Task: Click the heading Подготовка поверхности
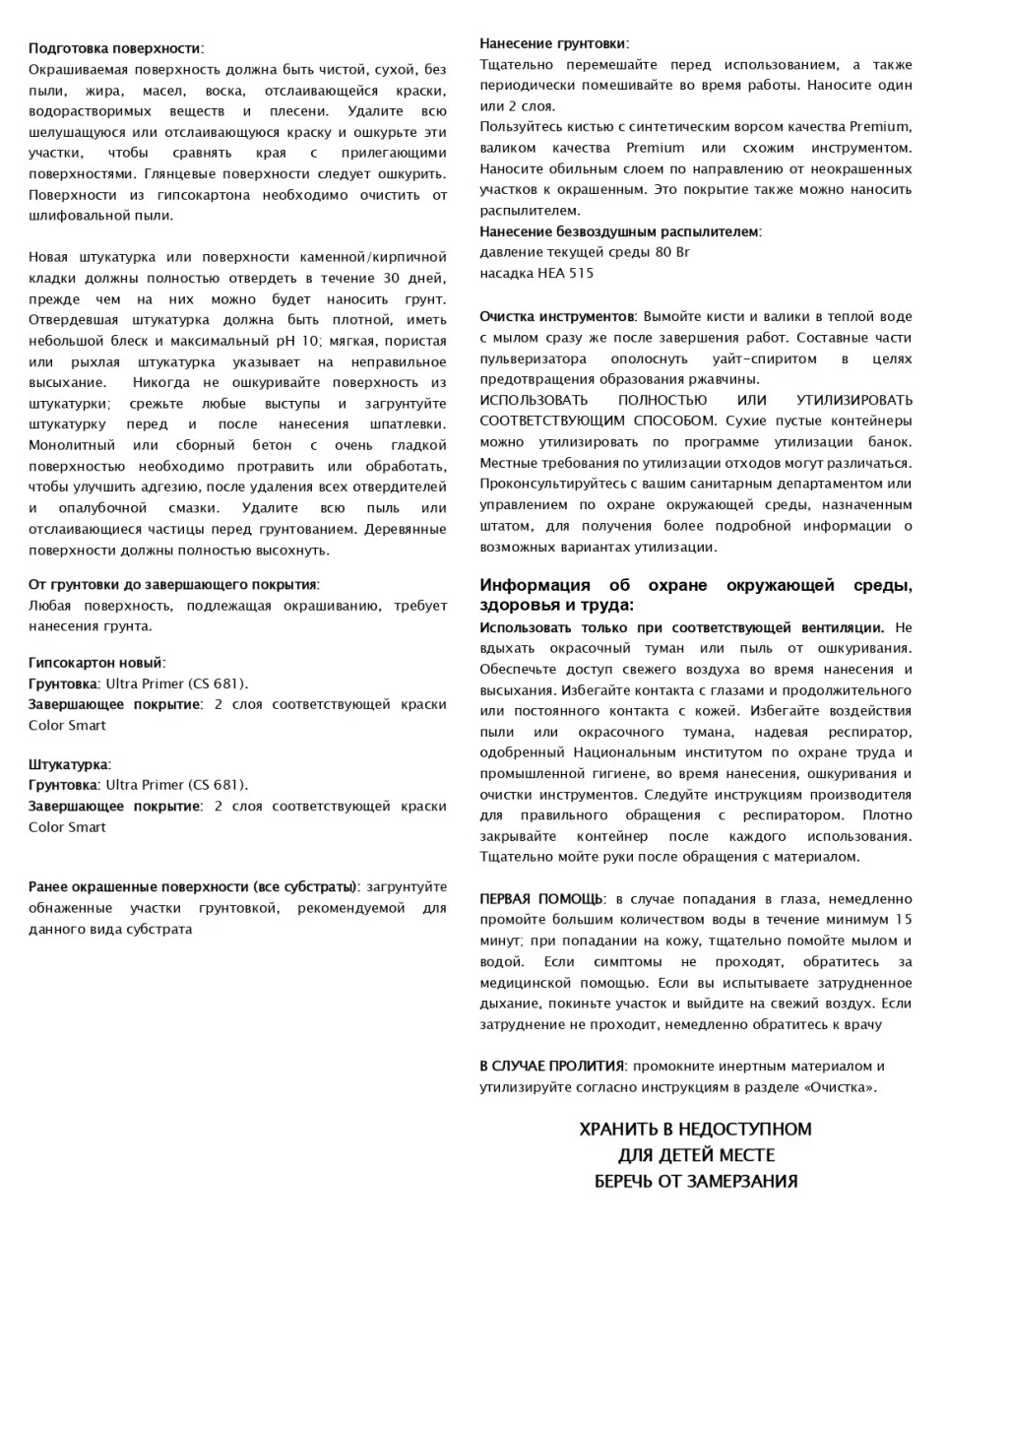pyautogui.click(x=115, y=48)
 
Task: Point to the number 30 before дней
pyautogui.click(x=391, y=279)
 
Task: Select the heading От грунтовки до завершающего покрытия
pyautogui.click(x=172, y=585)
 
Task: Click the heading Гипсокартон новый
pyautogui.click(x=95, y=663)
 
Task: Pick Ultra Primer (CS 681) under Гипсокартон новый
pyautogui.click(x=176, y=683)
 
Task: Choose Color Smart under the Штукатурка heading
pyautogui.click(x=67, y=827)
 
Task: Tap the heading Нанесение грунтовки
pyautogui.click(x=552, y=43)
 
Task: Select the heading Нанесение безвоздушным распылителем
pyautogui.click(x=619, y=231)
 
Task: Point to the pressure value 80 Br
pyautogui.click(x=672, y=252)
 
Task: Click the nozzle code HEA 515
pyautogui.click(x=565, y=273)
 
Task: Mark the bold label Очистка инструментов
pyautogui.click(x=556, y=317)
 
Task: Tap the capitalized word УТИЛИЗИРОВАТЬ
pyautogui.click(x=853, y=400)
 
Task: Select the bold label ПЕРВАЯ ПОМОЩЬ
pyautogui.click(x=541, y=899)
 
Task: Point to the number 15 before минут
pyautogui.click(x=902, y=920)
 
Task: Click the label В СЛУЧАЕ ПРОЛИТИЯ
pyautogui.click(x=551, y=1066)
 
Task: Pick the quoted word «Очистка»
pyautogui.click(x=839, y=1087)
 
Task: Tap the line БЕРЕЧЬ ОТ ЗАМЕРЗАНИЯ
pyautogui.click(x=696, y=1181)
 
